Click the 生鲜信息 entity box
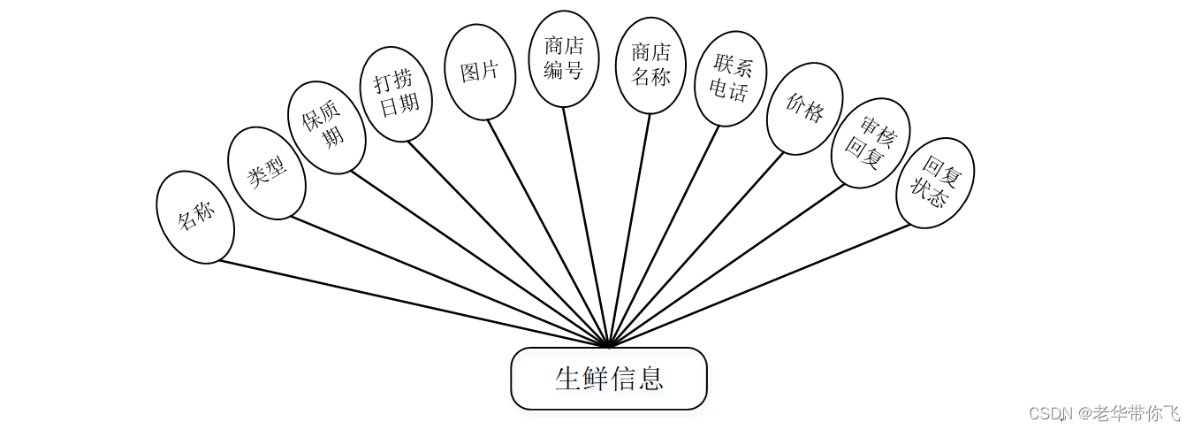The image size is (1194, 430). (608, 379)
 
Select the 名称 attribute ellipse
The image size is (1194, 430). (195, 217)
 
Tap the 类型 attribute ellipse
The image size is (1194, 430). (267, 173)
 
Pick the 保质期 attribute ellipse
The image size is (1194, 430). (327, 127)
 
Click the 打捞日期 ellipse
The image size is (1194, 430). (397, 94)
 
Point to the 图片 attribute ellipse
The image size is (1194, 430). (480, 72)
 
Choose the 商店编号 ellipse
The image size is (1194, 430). (563, 58)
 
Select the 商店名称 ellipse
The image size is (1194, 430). (650, 65)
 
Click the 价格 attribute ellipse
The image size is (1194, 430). (804, 108)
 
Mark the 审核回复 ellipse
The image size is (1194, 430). (871, 142)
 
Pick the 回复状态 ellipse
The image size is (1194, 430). (935, 182)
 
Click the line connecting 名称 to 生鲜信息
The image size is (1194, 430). (414, 303)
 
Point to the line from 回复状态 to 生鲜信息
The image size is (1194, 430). (760, 285)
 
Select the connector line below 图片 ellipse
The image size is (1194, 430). (548, 232)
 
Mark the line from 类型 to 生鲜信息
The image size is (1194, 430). (451, 281)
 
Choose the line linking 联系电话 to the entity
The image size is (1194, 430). (664, 235)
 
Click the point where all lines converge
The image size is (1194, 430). (608, 345)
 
